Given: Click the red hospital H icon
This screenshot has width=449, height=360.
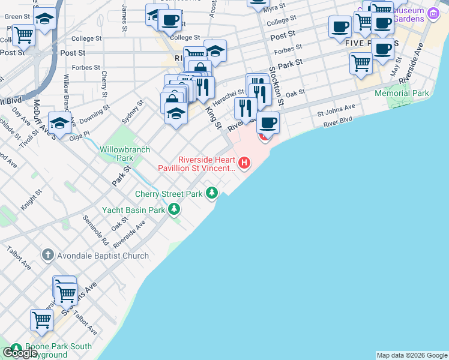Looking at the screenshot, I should pyautogui.click(x=244, y=162).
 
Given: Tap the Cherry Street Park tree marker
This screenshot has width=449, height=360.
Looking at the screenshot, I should pyautogui.click(x=211, y=193).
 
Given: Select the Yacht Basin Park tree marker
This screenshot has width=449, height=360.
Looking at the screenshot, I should pyautogui.click(x=174, y=209).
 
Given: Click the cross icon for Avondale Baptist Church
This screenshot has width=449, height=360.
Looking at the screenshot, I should pyautogui.click(x=48, y=256).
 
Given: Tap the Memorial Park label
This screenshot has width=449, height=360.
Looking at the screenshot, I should pyautogui.click(x=402, y=94).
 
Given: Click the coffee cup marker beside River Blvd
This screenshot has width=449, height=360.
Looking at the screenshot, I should pyautogui.click(x=268, y=122).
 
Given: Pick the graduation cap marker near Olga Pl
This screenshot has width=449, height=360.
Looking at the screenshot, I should pyautogui.click(x=60, y=122).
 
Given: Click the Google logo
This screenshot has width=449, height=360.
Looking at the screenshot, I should pyautogui.click(x=20, y=353).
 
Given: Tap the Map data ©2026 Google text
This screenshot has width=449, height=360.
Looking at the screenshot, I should pyautogui.click(x=412, y=355).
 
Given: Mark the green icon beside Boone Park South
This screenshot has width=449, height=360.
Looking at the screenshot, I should pyautogui.click(x=14, y=347).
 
